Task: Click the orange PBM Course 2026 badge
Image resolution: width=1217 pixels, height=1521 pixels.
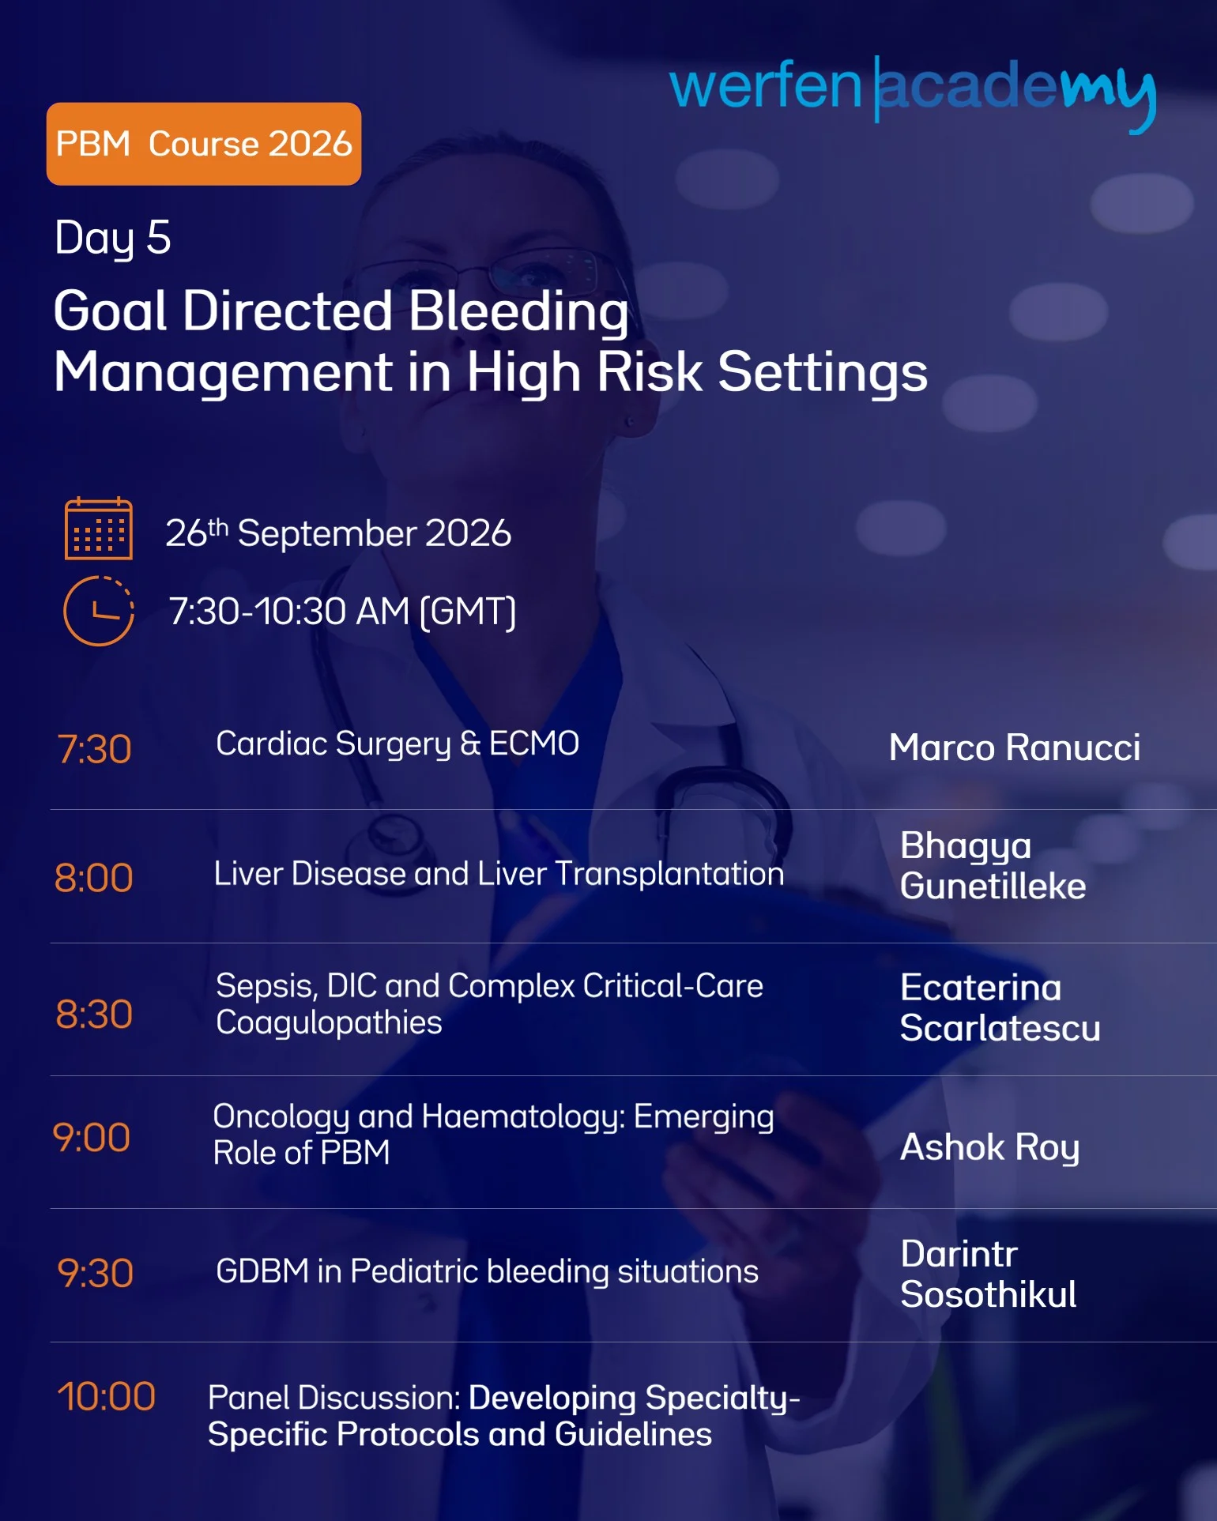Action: pos(204,144)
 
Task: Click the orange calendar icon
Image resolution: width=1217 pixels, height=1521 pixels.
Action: pos(98,529)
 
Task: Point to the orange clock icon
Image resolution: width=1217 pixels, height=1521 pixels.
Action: pos(98,611)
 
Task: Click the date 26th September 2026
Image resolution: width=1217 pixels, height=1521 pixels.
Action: pos(338,533)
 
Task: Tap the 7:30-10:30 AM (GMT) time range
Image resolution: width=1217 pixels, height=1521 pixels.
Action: pos(342,612)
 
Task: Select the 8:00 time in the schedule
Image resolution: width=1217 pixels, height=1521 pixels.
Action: pos(93,877)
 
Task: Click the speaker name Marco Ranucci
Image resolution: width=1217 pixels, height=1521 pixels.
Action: pos(1015,747)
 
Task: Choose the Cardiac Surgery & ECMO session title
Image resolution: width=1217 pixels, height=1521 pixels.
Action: pos(398,744)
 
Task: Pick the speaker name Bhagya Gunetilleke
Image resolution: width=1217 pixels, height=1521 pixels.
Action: pos(993,866)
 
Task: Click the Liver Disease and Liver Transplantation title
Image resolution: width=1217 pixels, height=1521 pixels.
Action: pos(499,874)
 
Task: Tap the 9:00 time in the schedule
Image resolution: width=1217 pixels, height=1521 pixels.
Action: pos(92,1138)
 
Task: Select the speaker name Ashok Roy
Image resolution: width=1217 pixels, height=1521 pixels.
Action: pos(990,1147)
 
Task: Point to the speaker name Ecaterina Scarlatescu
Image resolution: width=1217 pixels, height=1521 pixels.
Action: pos(1000,1008)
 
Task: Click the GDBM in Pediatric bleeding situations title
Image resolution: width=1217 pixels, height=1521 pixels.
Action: pos(487,1271)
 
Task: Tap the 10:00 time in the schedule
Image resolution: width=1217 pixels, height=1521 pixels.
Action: pos(106,1396)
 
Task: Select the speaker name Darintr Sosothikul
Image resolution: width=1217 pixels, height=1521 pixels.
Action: pos(989,1274)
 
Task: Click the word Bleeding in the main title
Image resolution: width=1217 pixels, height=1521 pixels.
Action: pos(519,312)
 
